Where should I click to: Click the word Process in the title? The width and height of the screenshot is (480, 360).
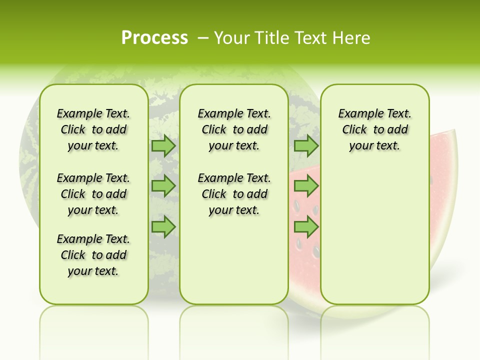pos(154,38)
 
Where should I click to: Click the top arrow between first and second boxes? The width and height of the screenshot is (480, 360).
pos(163,146)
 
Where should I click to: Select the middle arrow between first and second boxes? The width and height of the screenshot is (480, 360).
pos(163,186)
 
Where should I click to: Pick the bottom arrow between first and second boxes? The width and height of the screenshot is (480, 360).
pos(163,227)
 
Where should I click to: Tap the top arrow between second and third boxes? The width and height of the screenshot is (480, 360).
pos(306,146)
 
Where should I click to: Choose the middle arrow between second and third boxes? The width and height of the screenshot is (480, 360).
pos(306,186)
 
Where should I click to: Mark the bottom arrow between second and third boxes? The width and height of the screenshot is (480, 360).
pos(306,227)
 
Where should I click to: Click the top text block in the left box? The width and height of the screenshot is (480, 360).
pos(93,129)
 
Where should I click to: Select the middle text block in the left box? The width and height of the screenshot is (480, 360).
pos(93,194)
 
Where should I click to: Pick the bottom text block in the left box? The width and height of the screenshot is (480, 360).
pos(93,255)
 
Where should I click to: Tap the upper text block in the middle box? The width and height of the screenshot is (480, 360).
pos(234,129)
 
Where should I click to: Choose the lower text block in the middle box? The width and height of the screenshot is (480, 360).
pos(234,194)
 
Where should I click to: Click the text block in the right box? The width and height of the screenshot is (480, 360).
pos(374,129)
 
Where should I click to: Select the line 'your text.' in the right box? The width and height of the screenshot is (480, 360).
pos(374,146)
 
